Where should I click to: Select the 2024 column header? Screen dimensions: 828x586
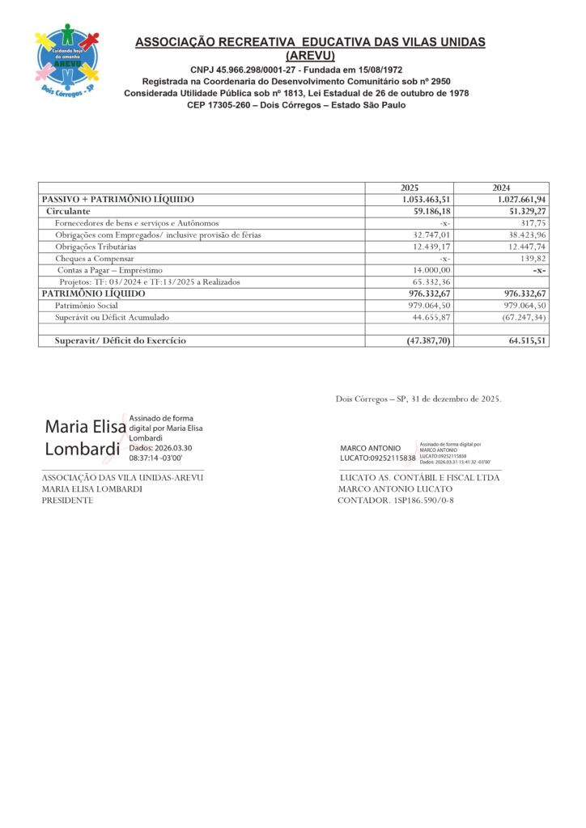tap(501, 188)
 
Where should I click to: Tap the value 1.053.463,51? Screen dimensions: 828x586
tap(426, 200)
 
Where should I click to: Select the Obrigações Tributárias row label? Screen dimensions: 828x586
tap(96, 246)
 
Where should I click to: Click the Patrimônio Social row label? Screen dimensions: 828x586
tap(86, 306)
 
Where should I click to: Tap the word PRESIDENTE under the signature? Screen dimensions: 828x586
tap(67, 501)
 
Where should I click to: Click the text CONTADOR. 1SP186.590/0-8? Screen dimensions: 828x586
tap(396, 501)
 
